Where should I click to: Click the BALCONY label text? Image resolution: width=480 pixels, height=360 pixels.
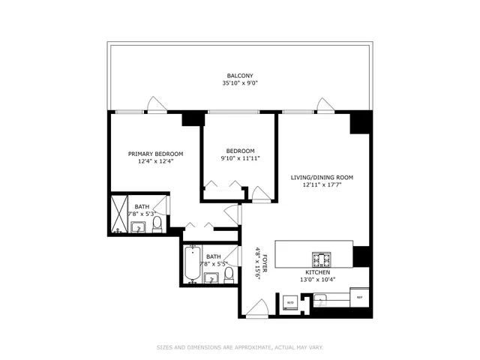[240, 75]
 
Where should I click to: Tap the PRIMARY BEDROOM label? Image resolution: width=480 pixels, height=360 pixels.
[155, 154]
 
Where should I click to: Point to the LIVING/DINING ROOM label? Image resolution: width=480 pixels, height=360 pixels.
[322, 177]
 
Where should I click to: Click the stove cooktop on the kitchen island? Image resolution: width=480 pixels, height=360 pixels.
[322, 259]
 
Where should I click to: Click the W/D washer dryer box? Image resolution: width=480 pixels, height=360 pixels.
[290, 302]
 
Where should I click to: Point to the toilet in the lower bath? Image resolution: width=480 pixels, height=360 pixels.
[229, 278]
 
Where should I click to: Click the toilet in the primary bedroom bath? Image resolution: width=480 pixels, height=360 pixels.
[157, 225]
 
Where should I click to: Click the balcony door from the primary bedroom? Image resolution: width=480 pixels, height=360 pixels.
[156, 105]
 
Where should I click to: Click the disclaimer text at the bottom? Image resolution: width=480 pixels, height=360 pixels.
[240, 347]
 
